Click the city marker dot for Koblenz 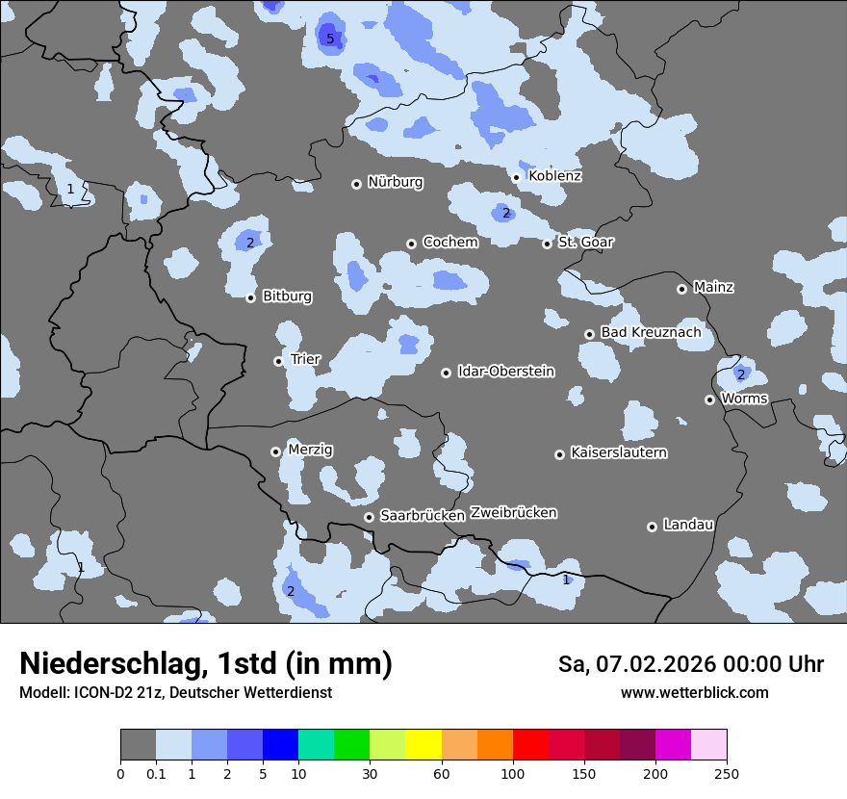click(516, 177)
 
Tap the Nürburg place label click(395, 182)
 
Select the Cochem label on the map click(449, 243)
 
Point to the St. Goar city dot click(547, 244)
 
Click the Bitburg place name click(287, 296)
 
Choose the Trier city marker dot click(278, 361)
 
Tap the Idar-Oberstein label click(505, 372)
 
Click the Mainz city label click(713, 287)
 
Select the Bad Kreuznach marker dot click(589, 334)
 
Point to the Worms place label click(744, 399)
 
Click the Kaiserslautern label click(618, 452)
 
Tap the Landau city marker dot click(652, 527)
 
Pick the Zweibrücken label click(513, 513)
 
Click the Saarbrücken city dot click(369, 517)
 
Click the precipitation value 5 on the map click(330, 39)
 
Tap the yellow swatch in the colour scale click(423, 745)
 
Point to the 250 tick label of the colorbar click(726, 773)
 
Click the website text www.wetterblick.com click(694, 693)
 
